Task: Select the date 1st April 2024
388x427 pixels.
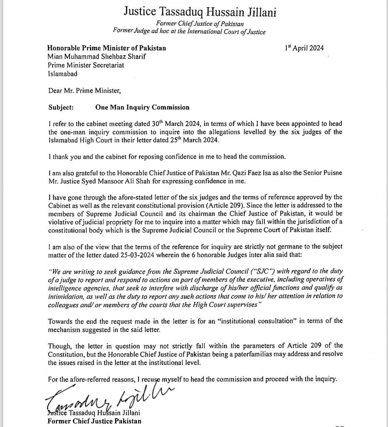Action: [x=304, y=48]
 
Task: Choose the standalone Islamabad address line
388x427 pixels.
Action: [x=62, y=73]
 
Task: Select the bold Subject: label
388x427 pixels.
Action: [x=61, y=107]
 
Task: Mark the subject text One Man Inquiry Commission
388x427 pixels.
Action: [x=142, y=107]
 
